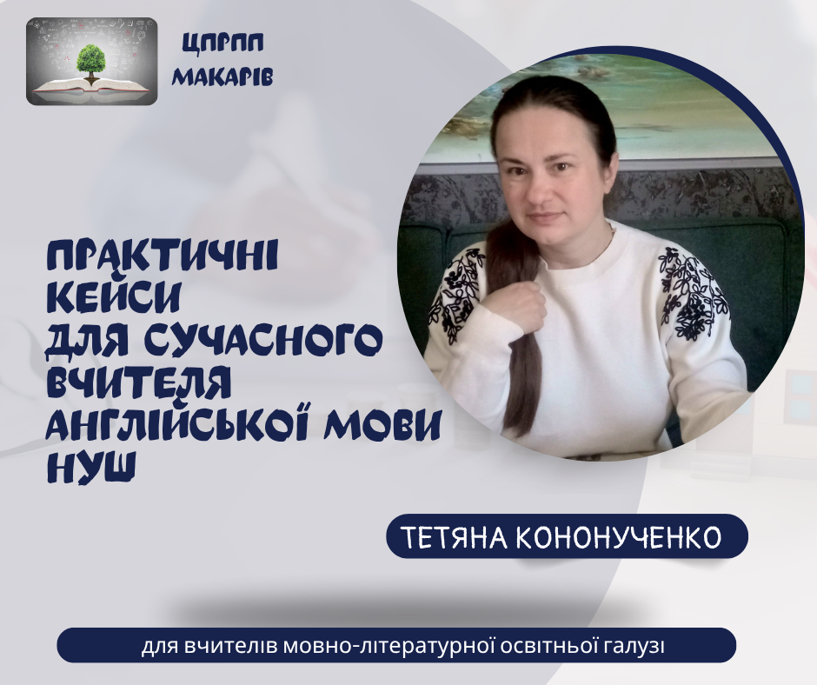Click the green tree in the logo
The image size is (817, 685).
90,62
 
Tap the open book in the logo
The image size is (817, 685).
92,85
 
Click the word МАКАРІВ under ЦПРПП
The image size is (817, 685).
223,76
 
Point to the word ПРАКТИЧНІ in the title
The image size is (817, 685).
163,256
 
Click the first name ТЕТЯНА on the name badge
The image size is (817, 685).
455,538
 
